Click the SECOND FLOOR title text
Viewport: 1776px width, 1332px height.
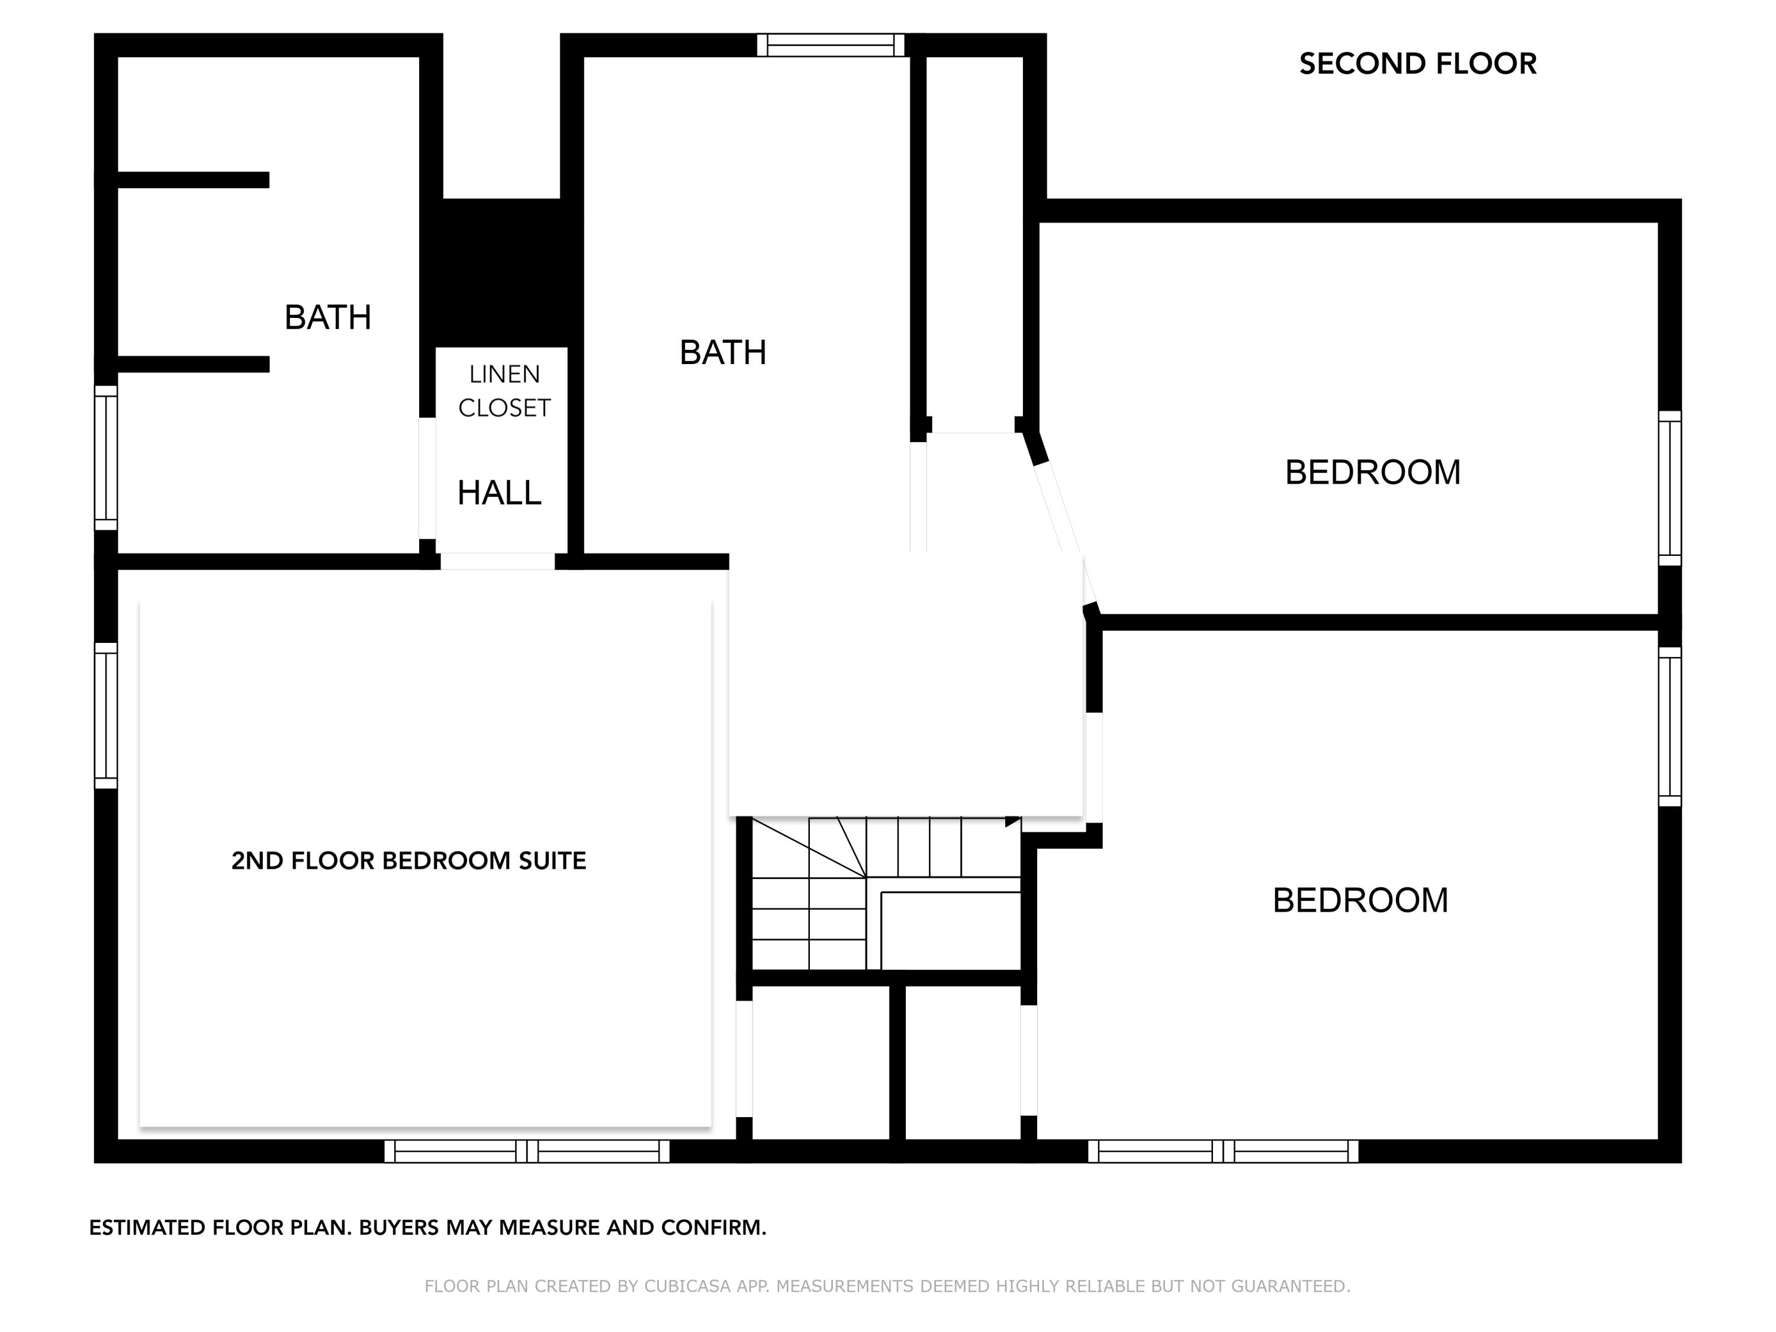(1417, 64)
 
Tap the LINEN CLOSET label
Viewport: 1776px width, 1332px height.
(504, 391)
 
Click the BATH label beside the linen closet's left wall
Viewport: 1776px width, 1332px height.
(327, 318)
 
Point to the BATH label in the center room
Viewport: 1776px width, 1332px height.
(723, 352)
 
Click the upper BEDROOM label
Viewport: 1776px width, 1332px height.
(1372, 472)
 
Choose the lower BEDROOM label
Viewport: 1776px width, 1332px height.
(1360, 900)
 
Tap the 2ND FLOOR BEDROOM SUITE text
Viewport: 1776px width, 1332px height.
(408, 861)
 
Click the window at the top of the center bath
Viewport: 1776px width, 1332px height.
(830, 45)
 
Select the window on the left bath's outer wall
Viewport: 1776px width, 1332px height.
(106, 458)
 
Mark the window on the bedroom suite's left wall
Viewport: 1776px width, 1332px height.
(106, 715)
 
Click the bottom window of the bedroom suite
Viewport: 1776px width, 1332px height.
(527, 1150)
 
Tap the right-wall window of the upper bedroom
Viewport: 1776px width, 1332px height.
(1669, 488)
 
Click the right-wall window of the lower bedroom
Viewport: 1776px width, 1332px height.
(1669, 726)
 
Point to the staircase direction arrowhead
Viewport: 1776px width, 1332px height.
(1012, 821)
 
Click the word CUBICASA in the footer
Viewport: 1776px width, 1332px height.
(687, 1286)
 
